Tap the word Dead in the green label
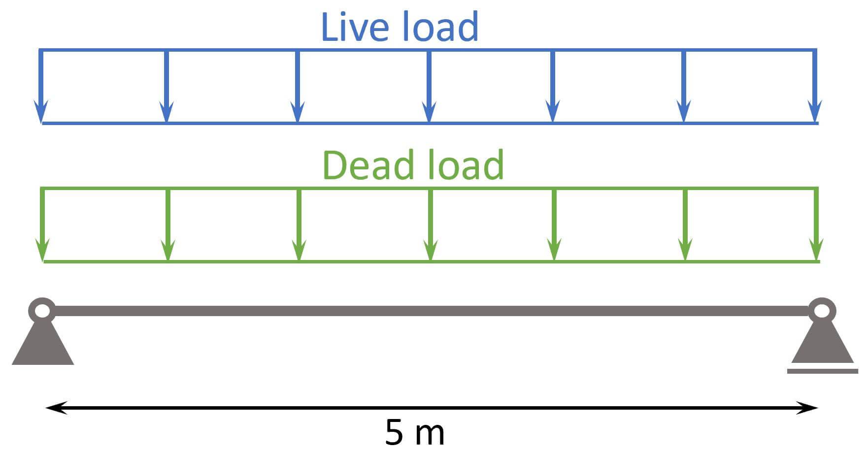pos(367,165)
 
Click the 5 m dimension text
pos(414,432)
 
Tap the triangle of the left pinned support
pos(43,345)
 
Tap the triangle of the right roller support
pos(822,345)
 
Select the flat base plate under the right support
pos(822,371)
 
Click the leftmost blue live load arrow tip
pos(41,116)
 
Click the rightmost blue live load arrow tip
pos(815,116)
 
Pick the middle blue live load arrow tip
pos(430,116)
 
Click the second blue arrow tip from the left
pos(167,116)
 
